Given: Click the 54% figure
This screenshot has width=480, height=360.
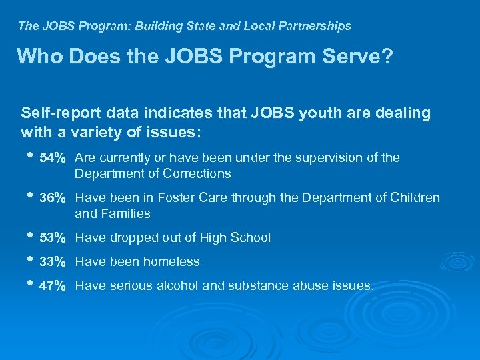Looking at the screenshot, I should (x=53, y=158).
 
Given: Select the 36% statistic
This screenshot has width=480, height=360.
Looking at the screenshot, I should (x=53, y=198).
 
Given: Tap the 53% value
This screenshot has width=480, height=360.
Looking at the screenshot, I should (x=53, y=238).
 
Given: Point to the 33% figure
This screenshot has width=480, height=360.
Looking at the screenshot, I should (x=53, y=262).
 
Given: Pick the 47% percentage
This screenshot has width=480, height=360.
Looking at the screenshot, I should (x=53, y=286).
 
